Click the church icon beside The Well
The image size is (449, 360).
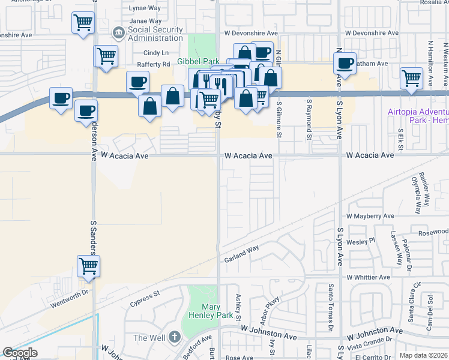coord(175,337)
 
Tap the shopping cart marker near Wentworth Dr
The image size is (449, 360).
coord(89,266)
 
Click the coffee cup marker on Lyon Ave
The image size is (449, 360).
coord(345,63)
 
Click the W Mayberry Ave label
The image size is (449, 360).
coord(370,216)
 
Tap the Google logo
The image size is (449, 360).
coord(20,353)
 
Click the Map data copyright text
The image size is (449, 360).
coord(424,355)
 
